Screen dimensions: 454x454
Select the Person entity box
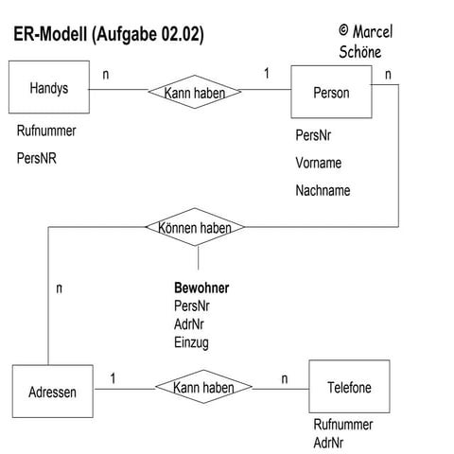pos(330,93)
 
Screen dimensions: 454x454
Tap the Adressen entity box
pos(53,390)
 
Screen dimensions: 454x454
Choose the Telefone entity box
pos(348,388)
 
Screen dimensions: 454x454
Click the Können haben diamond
pos(197,227)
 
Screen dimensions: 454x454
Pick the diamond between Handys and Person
pos(195,92)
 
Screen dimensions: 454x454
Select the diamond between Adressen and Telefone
pos(203,388)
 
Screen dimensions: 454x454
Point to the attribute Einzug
pos(191,341)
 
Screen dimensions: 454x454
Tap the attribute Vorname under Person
pos(318,163)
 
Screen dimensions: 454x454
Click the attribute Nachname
pos(323,190)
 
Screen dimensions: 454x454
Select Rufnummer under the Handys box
pos(46,131)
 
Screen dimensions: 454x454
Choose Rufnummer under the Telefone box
pos(342,426)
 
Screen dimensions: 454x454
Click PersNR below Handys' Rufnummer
pos(37,158)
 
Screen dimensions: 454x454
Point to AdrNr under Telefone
pos(329,443)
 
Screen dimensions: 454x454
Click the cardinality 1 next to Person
pos(266,74)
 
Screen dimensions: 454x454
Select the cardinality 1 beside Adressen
pos(113,378)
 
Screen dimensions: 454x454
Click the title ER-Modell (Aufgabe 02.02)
pos(109,35)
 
